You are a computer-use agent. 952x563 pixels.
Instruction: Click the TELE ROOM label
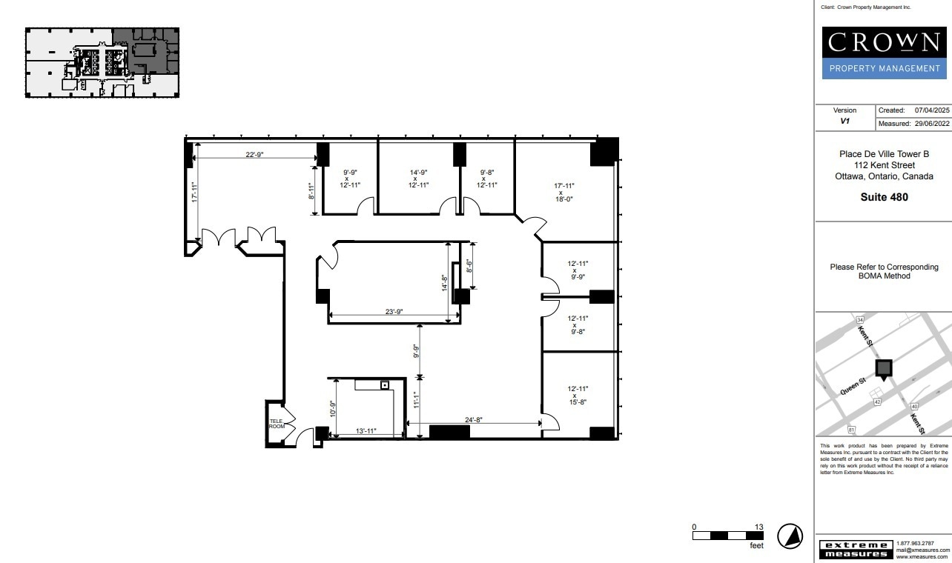(x=277, y=424)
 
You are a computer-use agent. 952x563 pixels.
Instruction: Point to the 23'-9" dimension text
(x=394, y=312)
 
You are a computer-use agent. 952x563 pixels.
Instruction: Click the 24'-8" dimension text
(x=474, y=419)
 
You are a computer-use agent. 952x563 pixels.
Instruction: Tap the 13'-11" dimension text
(x=367, y=430)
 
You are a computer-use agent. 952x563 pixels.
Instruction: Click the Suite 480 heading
(x=884, y=197)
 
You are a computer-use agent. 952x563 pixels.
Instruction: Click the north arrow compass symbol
(x=790, y=536)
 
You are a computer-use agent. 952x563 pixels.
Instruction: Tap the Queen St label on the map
(x=853, y=386)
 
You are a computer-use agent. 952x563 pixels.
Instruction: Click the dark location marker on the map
(x=883, y=369)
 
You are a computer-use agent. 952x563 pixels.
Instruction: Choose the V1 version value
(x=844, y=121)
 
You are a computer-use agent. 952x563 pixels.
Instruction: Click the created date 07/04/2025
(x=932, y=110)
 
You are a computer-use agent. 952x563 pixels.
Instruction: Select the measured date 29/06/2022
(x=932, y=124)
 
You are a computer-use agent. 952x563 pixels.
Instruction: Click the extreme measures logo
(x=854, y=550)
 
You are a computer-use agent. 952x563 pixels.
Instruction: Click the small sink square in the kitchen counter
(x=385, y=385)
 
